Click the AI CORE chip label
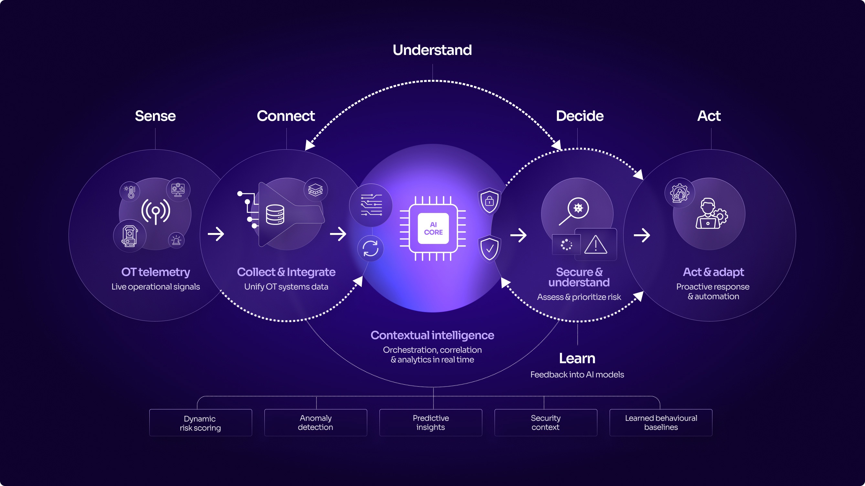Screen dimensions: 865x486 [433, 228]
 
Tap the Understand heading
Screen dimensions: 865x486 [432, 50]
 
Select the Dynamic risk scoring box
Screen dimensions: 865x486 [200, 423]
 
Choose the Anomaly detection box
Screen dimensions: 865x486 [315, 423]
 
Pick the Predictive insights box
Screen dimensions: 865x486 [431, 423]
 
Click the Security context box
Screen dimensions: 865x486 [546, 423]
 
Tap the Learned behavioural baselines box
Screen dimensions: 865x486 [661, 423]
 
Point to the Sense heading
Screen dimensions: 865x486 [155, 116]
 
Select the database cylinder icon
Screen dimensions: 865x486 [275, 215]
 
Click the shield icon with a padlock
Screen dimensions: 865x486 [490, 201]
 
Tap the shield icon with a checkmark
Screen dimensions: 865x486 [490, 248]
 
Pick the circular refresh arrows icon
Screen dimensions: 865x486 [370, 249]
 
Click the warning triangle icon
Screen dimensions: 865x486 [596, 244]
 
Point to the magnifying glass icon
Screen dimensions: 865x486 [574, 211]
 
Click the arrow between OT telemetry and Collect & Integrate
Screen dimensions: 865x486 [216, 234]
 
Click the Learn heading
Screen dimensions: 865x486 [577, 358]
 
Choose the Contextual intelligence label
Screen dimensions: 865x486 [432, 335]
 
